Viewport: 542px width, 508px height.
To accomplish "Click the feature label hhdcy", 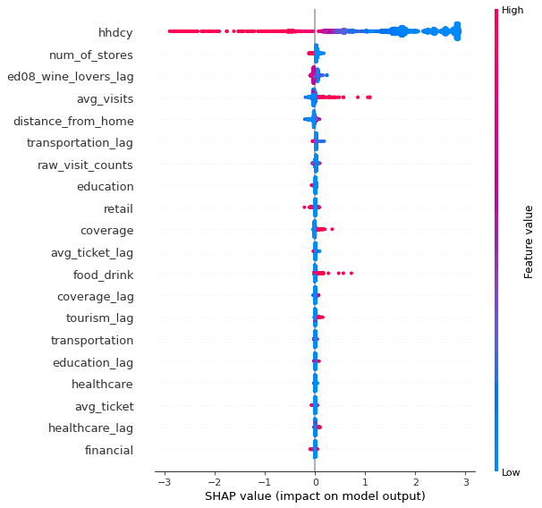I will click(x=116, y=33).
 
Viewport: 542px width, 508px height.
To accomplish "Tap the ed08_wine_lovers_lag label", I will click(x=70, y=77).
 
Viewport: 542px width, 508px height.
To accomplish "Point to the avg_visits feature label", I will click(x=105, y=99).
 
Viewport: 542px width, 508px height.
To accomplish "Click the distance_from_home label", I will click(x=80, y=121).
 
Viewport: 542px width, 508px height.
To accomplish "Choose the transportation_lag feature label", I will click(x=80, y=143).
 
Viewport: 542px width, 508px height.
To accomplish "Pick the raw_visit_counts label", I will click(x=85, y=165).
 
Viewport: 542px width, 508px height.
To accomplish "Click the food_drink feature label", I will click(x=104, y=275).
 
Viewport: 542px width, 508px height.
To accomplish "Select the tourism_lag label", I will click(x=99, y=318).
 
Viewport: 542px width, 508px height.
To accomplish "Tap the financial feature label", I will click(x=109, y=450).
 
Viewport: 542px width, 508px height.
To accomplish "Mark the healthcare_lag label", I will click(x=91, y=428).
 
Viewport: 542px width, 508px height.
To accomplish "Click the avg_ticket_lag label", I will click(x=92, y=253).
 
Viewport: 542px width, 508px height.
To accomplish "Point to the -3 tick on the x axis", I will click(x=163, y=482).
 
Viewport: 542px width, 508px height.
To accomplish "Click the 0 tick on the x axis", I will click(x=315, y=482).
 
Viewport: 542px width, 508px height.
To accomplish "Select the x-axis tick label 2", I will click(x=416, y=482).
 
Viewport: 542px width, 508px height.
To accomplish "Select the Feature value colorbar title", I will click(x=528, y=241).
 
